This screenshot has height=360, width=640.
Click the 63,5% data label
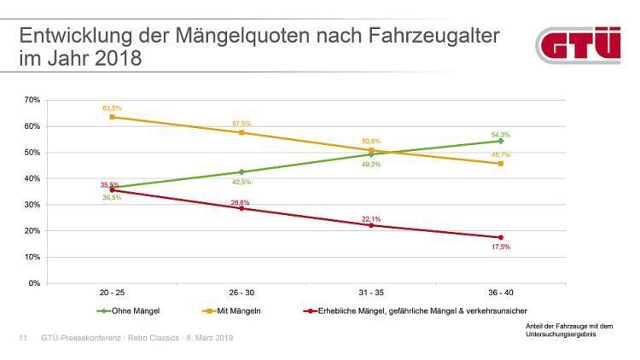(x=112, y=108)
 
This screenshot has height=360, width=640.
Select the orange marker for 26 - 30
(x=241, y=132)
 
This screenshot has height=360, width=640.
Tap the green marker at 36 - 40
(x=501, y=141)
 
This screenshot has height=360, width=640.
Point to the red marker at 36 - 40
(x=501, y=237)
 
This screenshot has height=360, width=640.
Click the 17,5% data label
(x=500, y=247)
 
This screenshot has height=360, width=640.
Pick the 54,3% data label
(x=500, y=135)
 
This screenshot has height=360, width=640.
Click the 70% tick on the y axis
(x=32, y=100)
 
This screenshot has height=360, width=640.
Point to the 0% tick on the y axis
(x=34, y=283)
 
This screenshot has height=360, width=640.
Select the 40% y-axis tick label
(x=32, y=178)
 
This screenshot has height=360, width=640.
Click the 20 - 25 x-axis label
(x=112, y=293)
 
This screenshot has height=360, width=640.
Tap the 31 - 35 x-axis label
(x=371, y=293)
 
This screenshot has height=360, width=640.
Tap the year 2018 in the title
(x=116, y=60)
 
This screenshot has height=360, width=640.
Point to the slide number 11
(x=23, y=339)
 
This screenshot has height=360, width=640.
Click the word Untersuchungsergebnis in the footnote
(x=560, y=334)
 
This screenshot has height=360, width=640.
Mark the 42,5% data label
(x=241, y=182)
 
